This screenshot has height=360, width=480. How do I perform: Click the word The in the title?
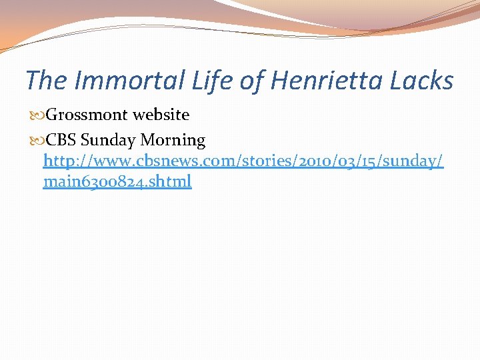click(x=47, y=81)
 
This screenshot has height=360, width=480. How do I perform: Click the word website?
click(x=161, y=115)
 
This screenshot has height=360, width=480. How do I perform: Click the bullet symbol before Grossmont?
click(x=38, y=115)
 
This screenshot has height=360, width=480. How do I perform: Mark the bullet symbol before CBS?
click(x=38, y=141)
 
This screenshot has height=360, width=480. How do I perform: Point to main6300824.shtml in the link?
click(x=117, y=181)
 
